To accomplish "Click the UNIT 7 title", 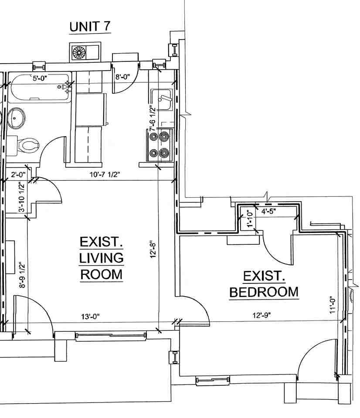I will pos(90,27).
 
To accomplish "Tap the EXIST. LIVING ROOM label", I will pos(101,258).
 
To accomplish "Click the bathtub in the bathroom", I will pos(39,88).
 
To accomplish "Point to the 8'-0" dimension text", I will pos(123,78).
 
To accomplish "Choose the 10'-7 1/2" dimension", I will pos(102,175).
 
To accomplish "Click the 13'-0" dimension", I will pos(91,317).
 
